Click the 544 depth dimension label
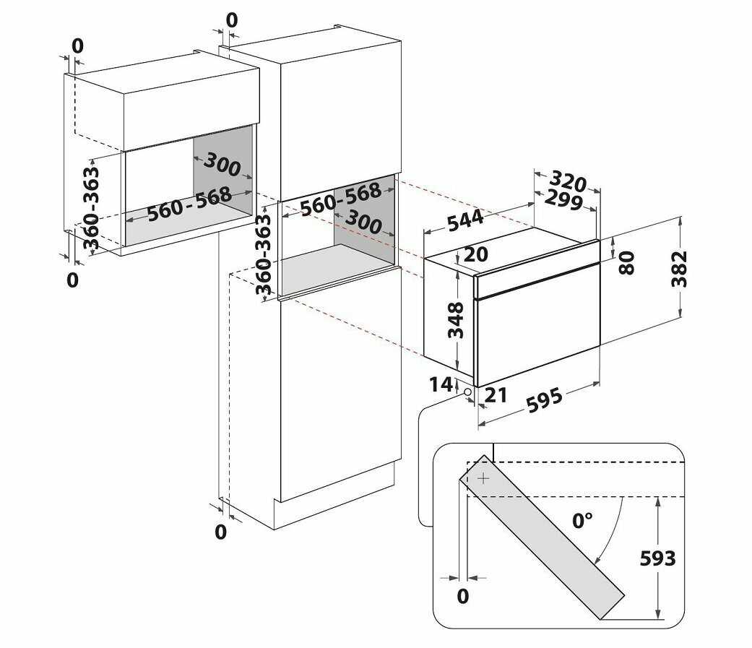click(x=465, y=220)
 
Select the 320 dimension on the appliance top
click(x=568, y=181)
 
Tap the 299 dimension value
click(x=564, y=199)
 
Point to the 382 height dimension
click(x=679, y=269)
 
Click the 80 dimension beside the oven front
click(x=626, y=262)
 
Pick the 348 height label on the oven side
click(x=456, y=320)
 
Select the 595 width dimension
click(x=545, y=400)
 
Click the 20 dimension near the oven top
click(x=476, y=254)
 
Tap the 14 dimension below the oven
click(x=440, y=384)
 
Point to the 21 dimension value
click(x=496, y=395)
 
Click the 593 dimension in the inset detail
click(x=657, y=558)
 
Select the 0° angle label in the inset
click(x=582, y=520)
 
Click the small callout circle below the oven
click(x=467, y=392)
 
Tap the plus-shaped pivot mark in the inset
click(x=484, y=478)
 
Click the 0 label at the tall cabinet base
click(x=220, y=532)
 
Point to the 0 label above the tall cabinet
click(x=232, y=21)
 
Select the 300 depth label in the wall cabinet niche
click(x=222, y=165)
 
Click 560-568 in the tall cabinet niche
click(x=340, y=199)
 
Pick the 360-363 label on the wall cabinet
click(x=91, y=208)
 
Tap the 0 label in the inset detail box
click(x=463, y=596)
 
